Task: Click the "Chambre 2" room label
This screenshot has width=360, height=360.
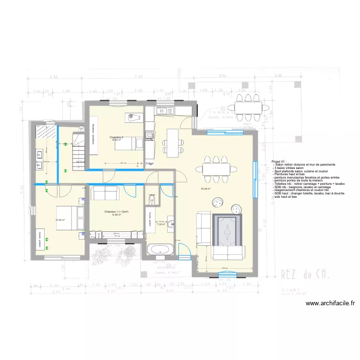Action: point(117,138)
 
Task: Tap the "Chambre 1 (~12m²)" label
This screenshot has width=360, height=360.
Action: point(116,212)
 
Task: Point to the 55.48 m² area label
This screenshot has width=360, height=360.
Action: point(206,189)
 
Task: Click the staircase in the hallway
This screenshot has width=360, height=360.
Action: point(78,146)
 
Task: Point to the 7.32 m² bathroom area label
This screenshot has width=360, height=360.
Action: point(161,224)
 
